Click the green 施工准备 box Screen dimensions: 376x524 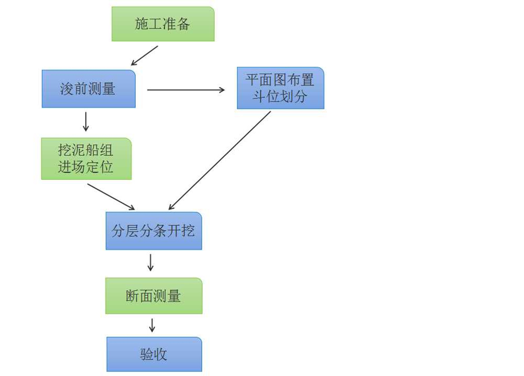tap(163, 24)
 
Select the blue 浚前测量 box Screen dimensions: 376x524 tap(89, 89)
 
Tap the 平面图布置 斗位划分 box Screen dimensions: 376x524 tap(280, 88)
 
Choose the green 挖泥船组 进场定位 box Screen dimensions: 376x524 tap(86, 158)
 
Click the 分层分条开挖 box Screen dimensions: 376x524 tap(154, 231)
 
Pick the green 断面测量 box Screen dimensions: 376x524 tap(154, 296)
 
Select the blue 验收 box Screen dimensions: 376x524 tap(154, 354)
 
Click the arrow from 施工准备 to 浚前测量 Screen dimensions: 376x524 tap(144, 55)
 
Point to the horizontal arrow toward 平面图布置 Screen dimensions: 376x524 tap(186, 90)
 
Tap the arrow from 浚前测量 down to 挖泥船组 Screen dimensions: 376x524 tap(86, 121)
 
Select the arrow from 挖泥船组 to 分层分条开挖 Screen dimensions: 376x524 tap(111, 197)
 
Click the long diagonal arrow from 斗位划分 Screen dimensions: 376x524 tap(220, 161)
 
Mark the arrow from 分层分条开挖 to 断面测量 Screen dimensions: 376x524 tap(151, 263)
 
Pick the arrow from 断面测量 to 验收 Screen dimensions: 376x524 tap(152, 325)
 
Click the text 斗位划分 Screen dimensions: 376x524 tap(280, 97)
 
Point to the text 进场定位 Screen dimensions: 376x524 tap(86, 167)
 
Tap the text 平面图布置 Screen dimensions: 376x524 tap(280, 80)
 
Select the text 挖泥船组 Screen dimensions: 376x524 tap(86, 151)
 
